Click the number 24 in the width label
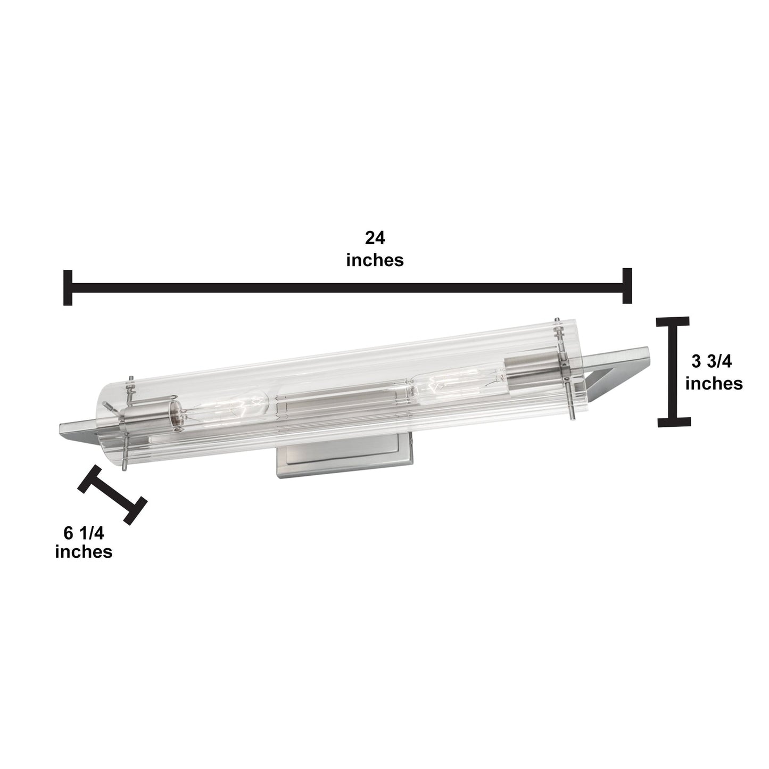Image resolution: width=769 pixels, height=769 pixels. tap(375, 237)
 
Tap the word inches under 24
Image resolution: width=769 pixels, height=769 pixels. tap(375, 260)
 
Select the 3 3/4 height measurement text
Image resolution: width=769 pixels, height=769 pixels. tap(712, 362)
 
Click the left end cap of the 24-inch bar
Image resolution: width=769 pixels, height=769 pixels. tap(68, 287)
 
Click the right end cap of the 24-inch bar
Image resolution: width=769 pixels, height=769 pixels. tap(627, 286)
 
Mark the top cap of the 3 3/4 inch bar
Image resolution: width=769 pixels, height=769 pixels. tap(673, 321)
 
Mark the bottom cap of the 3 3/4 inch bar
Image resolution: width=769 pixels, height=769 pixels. tap(674, 422)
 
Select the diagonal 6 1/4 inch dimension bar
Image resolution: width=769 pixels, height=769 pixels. tap(112, 494)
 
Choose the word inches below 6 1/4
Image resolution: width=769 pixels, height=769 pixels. tap(84, 552)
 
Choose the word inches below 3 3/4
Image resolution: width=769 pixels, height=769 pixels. tap(713, 383)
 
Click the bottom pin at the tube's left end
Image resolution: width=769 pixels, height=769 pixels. tap(124, 464)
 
